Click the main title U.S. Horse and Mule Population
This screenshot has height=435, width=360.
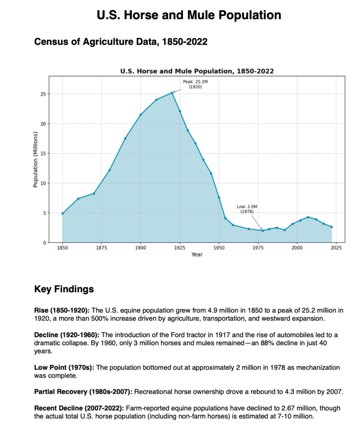[x=189, y=16]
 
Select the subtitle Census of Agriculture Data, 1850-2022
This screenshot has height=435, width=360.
[x=120, y=42]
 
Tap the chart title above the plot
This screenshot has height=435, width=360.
[x=197, y=71]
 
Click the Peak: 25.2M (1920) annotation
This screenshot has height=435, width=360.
[x=195, y=83]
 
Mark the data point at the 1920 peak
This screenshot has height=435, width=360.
[x=172, y=93]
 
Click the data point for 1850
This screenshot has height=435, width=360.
[x=63, y=213]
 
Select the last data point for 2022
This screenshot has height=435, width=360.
[x=331, y=227]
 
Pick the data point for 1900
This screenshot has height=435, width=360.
[x=141, y=114]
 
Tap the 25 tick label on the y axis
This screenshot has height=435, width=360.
[x=43, y=94]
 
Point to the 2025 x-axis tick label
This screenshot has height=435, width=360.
[x=335, y=247]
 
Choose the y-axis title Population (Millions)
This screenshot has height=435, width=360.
[x=36, y=159]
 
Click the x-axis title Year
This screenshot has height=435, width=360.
[x=197, y=254]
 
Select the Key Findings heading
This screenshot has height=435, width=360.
[x=64, y=290]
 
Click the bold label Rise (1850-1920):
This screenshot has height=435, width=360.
[x=62, y=310]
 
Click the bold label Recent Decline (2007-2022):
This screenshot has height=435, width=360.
[x=79, y=409]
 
